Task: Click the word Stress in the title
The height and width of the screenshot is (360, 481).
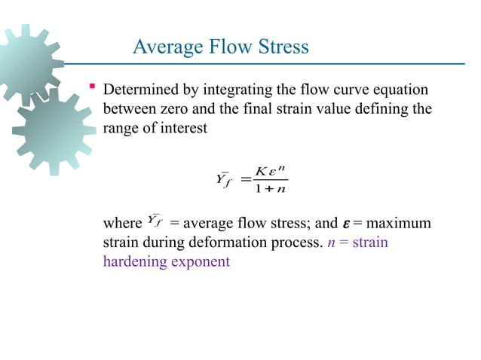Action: (281, 47)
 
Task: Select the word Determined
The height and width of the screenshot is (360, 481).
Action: (142, 90)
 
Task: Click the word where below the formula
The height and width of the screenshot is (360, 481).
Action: (121, 224)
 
